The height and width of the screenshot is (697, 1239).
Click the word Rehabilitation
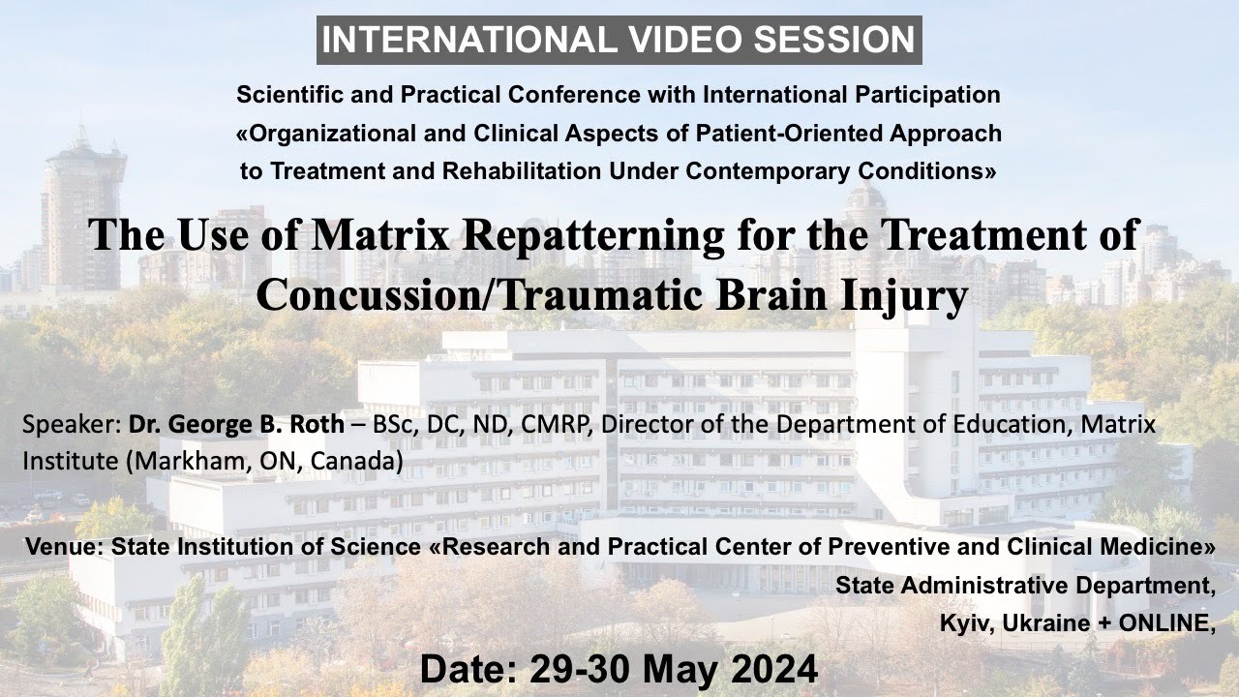[513, 171]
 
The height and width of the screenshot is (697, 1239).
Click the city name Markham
[175, 462]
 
